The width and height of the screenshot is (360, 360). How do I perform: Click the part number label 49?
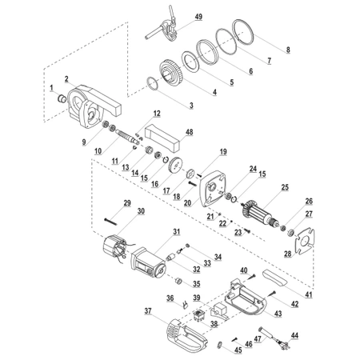tap(198, 17)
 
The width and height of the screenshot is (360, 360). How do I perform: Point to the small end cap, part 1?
tap(62, 98)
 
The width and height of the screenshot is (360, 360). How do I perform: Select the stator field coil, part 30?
tap(114, 246)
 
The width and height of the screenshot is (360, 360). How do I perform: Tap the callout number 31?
tap(177, 232)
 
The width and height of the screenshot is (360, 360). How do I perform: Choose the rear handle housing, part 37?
tap(186, 334)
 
